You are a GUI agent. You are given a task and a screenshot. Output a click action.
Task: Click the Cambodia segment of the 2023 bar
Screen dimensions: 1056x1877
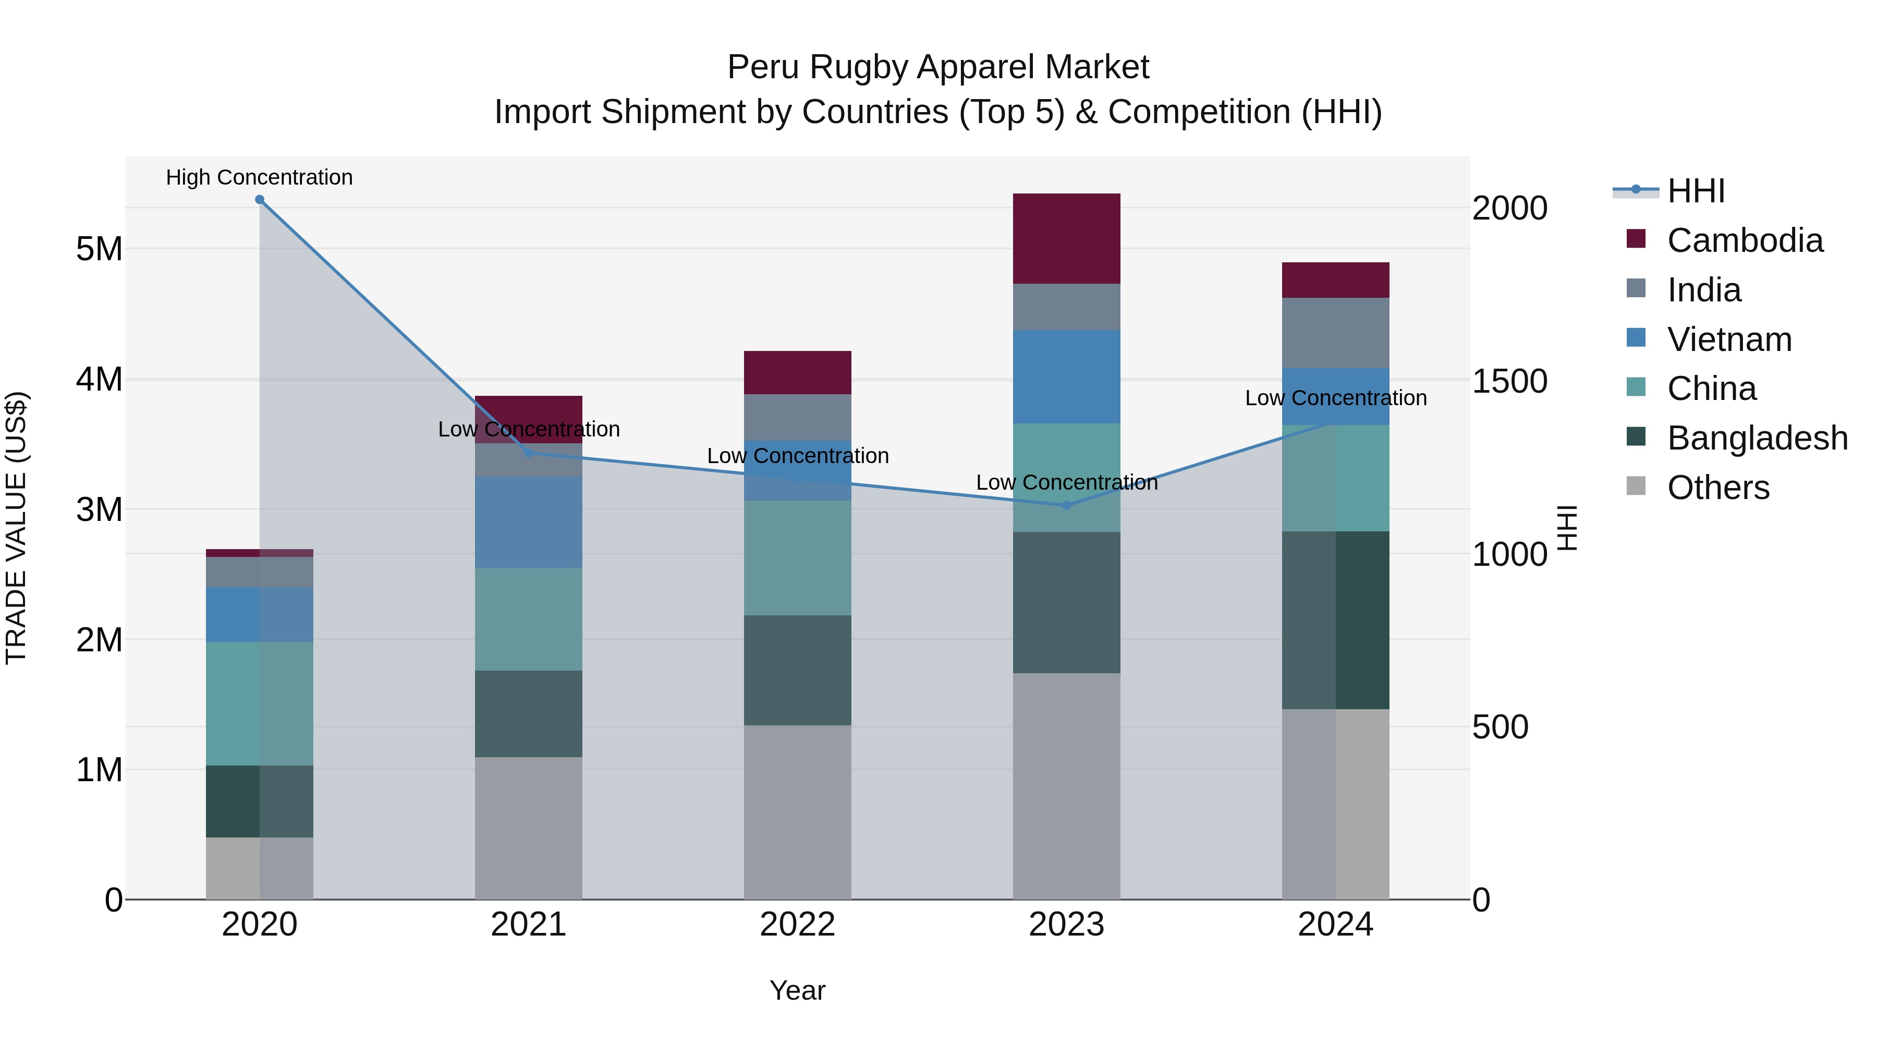(1066, 238)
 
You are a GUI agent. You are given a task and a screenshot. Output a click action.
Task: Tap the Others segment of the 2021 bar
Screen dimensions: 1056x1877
(528, 828)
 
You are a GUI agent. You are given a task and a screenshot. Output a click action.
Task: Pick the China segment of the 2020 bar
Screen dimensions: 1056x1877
(260, 703)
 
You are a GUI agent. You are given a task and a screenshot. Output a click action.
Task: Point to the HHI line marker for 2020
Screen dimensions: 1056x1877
(260, 200)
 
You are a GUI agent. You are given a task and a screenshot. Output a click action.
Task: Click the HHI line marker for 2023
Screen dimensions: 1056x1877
(1066, 505)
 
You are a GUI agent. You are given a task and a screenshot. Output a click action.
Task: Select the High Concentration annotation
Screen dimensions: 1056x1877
(260, 177)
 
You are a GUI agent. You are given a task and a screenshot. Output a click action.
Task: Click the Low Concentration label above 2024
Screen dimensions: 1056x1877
(1335, 398)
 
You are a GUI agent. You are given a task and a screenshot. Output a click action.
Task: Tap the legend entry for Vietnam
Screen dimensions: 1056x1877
(1729, 339)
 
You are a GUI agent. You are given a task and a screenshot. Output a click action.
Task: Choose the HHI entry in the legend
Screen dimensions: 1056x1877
(1696, 191)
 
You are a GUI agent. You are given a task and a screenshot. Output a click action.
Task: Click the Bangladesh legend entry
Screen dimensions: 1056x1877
(1757, 438)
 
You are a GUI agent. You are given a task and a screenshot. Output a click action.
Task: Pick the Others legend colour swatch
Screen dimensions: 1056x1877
(1636, 486)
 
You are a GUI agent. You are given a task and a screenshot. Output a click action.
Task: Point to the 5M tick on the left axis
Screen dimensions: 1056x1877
(99, 249)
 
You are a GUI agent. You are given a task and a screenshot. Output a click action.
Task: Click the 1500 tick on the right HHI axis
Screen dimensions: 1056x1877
(1509, 381)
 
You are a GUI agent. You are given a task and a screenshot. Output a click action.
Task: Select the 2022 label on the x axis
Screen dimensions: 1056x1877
(797, 925)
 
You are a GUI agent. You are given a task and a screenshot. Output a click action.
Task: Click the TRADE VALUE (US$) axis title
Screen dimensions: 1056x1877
(16, 528)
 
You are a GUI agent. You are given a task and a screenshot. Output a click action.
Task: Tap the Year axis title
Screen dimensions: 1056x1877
(797, 990)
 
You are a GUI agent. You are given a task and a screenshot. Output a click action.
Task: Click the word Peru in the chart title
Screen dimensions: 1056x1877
(763, 67)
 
